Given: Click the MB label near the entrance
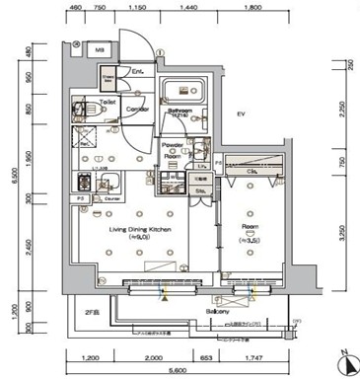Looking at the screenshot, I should [100, 48].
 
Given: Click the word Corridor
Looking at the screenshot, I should [138, 109].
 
